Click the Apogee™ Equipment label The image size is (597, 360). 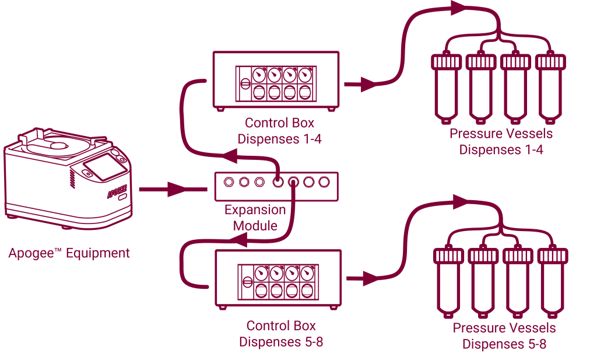[69, 253]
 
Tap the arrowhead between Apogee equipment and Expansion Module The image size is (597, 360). [175, 189]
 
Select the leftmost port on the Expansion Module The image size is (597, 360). [229, 182]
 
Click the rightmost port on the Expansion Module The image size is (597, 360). [324, 182]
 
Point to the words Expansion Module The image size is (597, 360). [255, 217]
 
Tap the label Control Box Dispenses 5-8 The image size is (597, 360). [281, 334]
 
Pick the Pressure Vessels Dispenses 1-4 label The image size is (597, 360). [501, 141]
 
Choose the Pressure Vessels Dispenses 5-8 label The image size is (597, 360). [504, 335]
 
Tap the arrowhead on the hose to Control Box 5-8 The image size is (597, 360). [239, 239]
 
